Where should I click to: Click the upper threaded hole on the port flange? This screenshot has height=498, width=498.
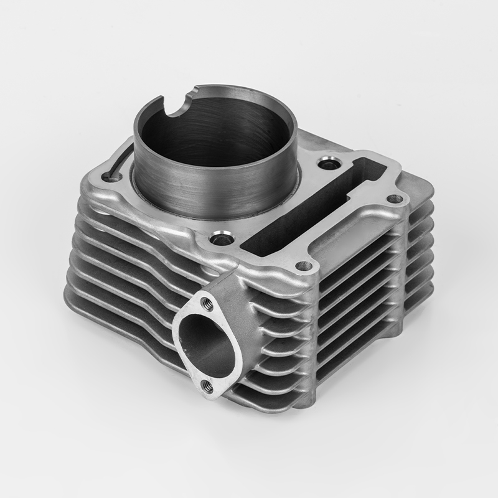click(x=207, y=304)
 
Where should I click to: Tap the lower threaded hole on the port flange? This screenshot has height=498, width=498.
click(x=207, y=387)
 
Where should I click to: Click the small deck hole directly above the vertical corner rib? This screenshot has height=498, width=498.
click(x=304, y=265)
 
